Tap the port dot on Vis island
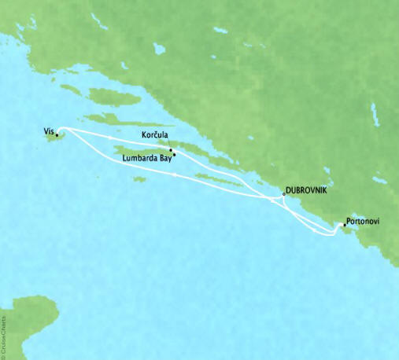[x=57, y=135]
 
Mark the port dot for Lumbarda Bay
[x=174, y=155]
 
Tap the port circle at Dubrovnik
[x=283, y=193]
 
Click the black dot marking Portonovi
[x=344, y=225]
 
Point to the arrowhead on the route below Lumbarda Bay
[x=174, y=175]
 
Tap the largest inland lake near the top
[x=160, y=49]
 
